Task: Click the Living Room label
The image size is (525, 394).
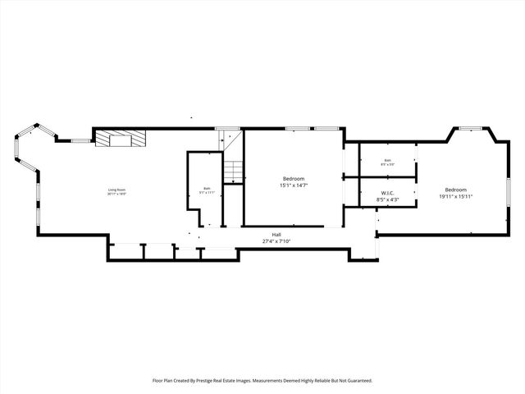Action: tap(116, 190)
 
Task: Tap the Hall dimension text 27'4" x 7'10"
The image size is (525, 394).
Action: tap(277, 241)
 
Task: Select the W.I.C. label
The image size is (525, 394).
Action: tap(387, 193)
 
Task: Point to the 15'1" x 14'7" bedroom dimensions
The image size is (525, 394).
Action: tap(294, 186)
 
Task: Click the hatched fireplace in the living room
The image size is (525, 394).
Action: tap(120, 137)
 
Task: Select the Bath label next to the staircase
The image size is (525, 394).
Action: tap(206, 189)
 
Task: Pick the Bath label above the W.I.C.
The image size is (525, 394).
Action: tap(387, 161)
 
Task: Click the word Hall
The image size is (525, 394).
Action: tap(277, 235)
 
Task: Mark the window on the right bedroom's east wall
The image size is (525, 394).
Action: tap(508, 193)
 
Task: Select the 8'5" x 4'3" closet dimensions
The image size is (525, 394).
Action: tap(387, 199)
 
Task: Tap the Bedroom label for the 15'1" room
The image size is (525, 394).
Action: tap(294, 179)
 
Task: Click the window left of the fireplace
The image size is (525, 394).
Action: tap(80, 141)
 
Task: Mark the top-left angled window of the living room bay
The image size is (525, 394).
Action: tap(27, 131)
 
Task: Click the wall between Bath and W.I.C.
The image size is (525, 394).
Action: tap(387, 177)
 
